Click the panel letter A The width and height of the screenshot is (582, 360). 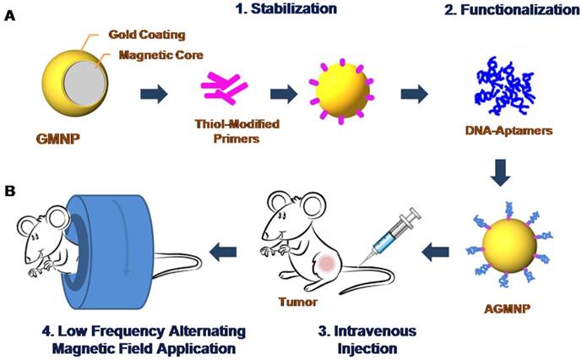tap(10, 16)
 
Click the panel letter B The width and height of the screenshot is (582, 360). tap(10, 193)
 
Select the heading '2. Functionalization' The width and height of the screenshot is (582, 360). tap(514, 9)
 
